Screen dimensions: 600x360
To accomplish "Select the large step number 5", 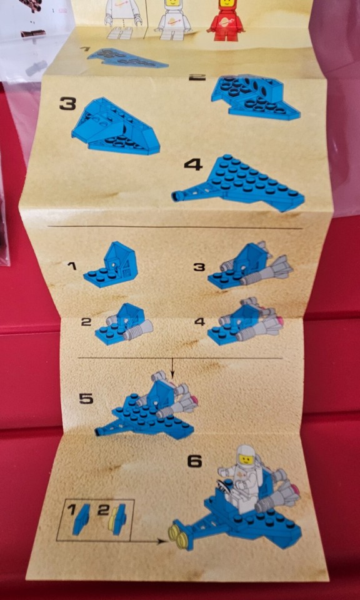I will pyautogui.click(x=87, y=398).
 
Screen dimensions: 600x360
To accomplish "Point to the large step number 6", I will pyautogui.click(x=195, y=461).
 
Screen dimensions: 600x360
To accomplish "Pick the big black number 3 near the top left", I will pyautogui.click(x=67, y=103).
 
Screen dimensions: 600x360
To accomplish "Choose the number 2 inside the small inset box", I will pyautogui.click(x=102, y=510).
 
